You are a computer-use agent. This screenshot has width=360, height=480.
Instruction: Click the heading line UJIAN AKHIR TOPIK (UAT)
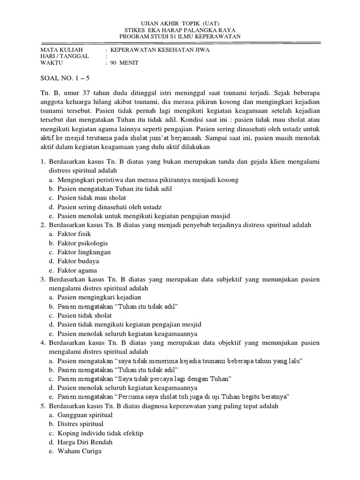[x=180, y=23]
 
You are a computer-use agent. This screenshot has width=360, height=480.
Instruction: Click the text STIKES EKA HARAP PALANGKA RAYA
[x=180, y=30]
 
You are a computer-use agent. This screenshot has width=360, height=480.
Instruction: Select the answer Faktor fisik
[x=74, y=233]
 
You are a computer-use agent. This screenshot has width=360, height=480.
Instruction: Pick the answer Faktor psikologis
[x=82, y=243]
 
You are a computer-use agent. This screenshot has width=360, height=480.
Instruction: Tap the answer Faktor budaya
[x=78, y=261]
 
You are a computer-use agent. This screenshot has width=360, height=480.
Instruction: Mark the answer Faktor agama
[x=77, y=270]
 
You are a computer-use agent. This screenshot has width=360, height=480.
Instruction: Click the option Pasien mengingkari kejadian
[x=99, y=297]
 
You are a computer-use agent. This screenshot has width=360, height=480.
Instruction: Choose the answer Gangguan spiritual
[x=85, y=415]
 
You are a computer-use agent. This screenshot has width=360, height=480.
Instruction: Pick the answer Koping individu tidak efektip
[x=100, y=433]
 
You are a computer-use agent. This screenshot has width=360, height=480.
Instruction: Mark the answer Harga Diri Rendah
[x=85, y=442]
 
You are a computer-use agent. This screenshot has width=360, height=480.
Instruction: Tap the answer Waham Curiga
[x=79, y=451]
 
